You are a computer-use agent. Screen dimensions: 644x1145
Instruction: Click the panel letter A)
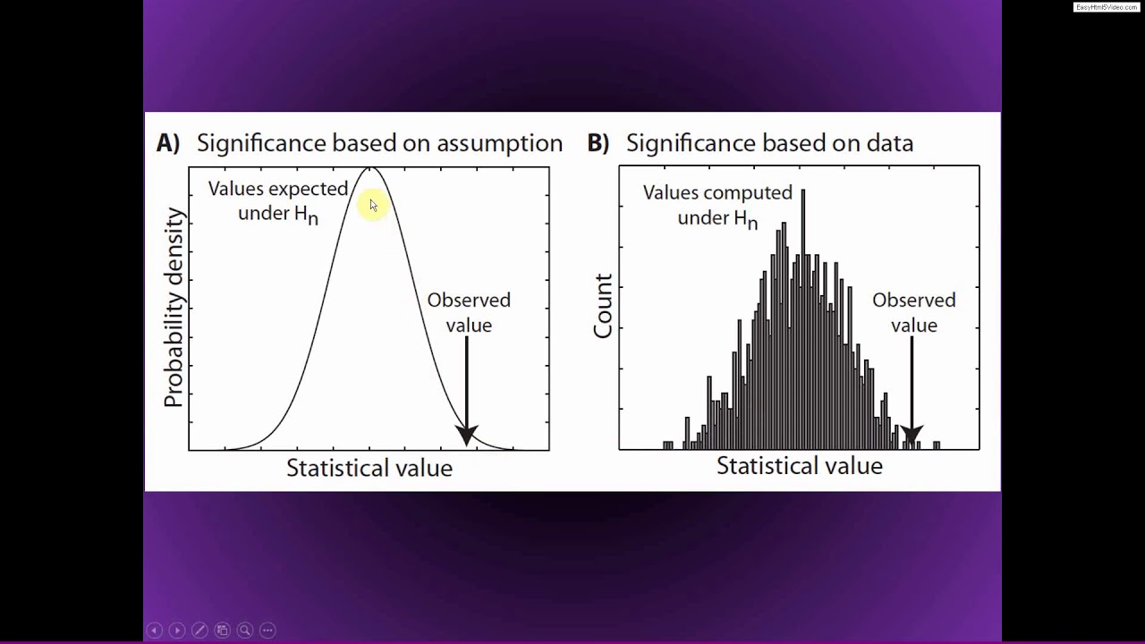[x=168, y=143]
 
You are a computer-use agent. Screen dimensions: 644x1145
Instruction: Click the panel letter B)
[x=598, y=143]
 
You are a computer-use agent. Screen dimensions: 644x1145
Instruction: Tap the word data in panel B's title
[x=887, y=143]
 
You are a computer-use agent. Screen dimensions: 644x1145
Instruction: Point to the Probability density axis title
[x=174, y=309]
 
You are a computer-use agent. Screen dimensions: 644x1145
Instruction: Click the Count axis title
[x=603, y=307]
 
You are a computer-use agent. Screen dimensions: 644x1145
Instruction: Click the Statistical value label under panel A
[x=369, y=468]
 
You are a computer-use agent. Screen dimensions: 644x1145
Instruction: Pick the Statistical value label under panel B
[x=799, y=466]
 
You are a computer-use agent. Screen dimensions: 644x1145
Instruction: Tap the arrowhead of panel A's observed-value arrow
[x=467, y=436]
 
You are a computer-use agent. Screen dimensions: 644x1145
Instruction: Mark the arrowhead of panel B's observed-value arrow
[x=911, y=436]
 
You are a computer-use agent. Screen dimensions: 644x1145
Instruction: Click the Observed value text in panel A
[x=469, y=312]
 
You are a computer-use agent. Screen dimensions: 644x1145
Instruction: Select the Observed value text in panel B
[x=913, y=312]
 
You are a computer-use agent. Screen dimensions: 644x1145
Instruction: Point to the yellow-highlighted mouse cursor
[x=372, y=206]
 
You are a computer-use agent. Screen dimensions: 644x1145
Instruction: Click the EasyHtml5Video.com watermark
[x=1107, y=7]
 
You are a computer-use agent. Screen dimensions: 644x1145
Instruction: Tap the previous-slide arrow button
[x=154, y=630]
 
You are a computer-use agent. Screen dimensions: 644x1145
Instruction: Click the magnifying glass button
[x=244, y=630]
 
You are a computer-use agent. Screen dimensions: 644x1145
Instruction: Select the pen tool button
[x=199, y=630]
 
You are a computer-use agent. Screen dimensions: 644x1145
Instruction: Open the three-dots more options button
[x=267, y=630]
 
